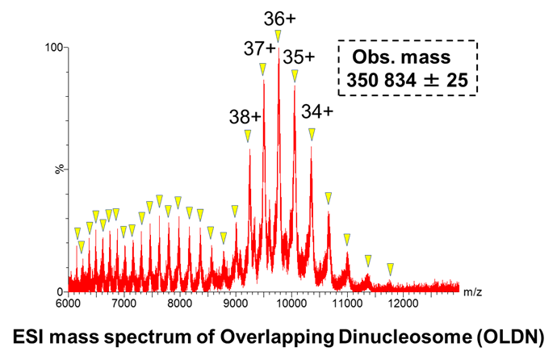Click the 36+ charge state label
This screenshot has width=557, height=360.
coord(278,17)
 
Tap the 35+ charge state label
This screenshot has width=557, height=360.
coord(299,57)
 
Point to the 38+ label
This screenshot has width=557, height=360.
coord(245,116)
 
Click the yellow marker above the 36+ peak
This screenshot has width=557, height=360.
coord(278,36)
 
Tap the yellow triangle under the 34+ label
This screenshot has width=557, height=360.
coord(312,133)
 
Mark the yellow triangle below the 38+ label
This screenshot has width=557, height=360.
coord(248,136)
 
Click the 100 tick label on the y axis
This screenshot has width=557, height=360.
coord(55,48)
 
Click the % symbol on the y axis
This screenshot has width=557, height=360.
coord(58,169)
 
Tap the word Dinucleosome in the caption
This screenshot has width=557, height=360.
coord(399,335)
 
